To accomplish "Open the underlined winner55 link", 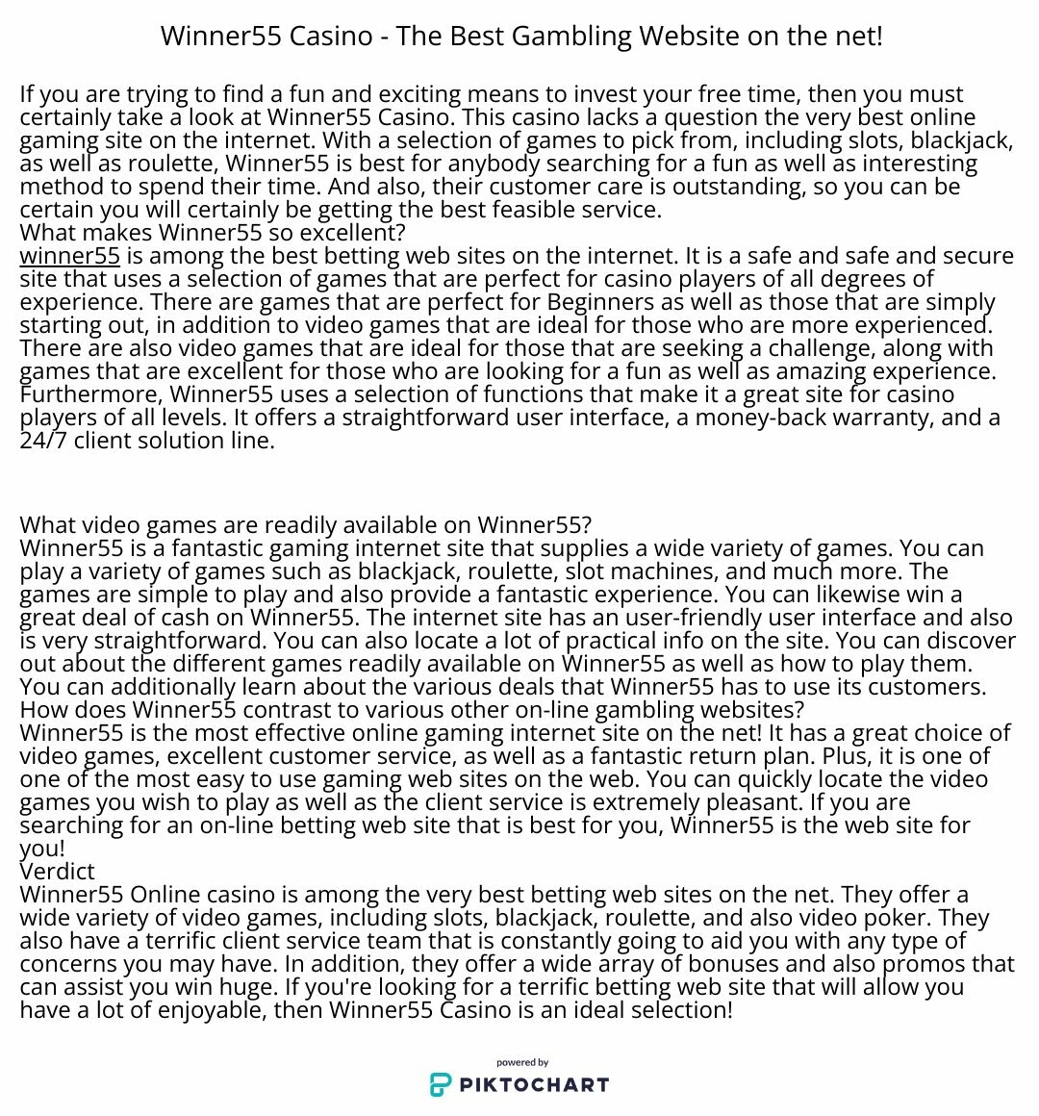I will point(69,256).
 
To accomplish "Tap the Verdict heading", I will point(57,872).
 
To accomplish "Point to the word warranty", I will point(891,418).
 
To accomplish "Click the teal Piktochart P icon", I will point(440,1085).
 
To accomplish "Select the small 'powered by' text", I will point(522,1063).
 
